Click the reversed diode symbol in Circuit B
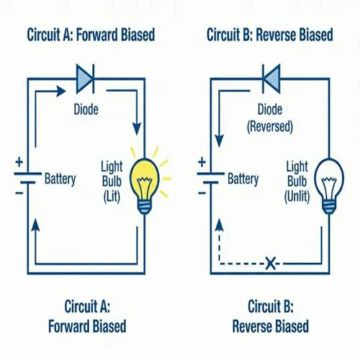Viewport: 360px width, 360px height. pyautogui.click(x=272, y=77)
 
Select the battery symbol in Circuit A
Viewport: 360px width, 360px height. pyautogui.click(x=27, y=177)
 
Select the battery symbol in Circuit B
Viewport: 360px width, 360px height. pyautogui.click(x=210, y=177)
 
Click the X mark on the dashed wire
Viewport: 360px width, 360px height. pyautogui.click(x=271, y=264)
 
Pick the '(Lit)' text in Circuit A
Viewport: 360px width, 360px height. pyautogui.click(x=109, y=196)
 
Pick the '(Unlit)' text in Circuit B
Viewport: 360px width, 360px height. pyautogui.click(x=297, y=196)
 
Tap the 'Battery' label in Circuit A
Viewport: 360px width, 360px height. pyautogui.click(x=60, y=178)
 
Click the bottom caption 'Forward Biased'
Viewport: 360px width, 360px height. pyautogui.click(x=86, y=326)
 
